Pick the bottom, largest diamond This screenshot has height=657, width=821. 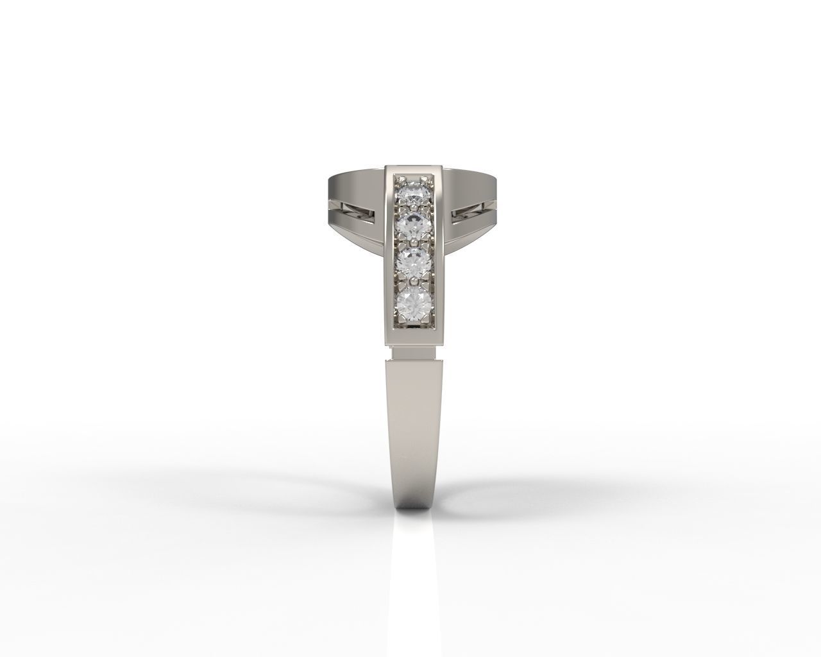(414, 303)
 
